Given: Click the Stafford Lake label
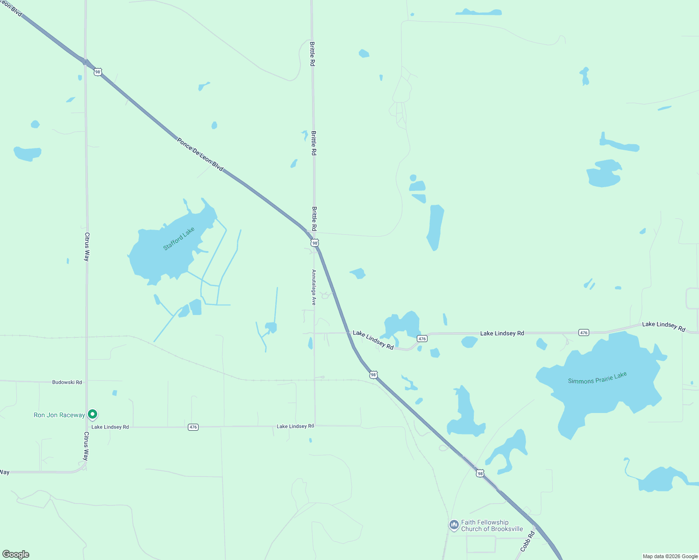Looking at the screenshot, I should [x=178, y=238].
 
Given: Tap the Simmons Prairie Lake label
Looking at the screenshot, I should [x=597, y=378].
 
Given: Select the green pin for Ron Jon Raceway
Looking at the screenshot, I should [x=93, y=414].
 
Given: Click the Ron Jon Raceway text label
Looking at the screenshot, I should [x=59, y=415].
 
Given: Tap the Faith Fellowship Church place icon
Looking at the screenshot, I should [x=454, y=525].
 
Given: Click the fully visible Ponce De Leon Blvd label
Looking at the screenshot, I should [x=200, y=154].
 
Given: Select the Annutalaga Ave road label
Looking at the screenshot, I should [x=314, y=287].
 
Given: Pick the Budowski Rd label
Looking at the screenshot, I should [x=67, y=382].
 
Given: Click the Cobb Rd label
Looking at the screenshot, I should [x=528, y=542].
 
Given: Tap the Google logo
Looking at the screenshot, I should [x=16, y=554].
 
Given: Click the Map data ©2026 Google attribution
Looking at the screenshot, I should [x=670, y=556].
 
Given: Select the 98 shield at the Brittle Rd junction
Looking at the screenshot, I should [x=315, y=243].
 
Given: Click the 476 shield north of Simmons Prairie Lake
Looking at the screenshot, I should [x=584, y=333].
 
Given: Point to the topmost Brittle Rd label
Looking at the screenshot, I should [x=312, y=54].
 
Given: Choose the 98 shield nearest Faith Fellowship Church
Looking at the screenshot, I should [x=480, y=474].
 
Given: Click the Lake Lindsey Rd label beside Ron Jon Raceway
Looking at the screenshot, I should [x=110, y=427].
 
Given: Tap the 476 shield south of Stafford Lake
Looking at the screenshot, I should [x=193, y=427].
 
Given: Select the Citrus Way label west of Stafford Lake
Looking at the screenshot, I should [x=87, y=247].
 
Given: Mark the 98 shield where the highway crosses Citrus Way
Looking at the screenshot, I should [x=97, y=72].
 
